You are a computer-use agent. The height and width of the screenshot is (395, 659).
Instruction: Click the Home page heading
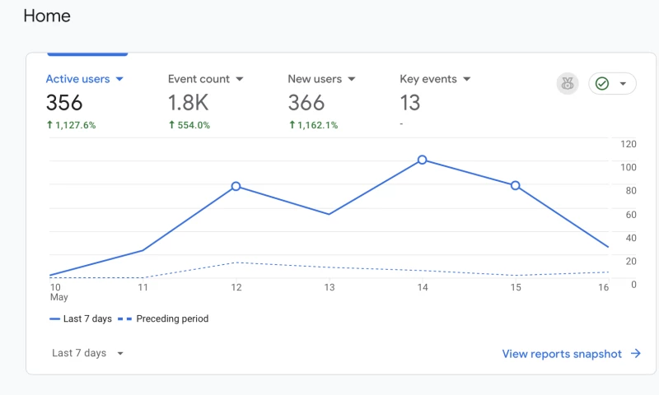point(47,16)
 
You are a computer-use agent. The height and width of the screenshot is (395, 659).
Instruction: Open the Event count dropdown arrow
point(240,79)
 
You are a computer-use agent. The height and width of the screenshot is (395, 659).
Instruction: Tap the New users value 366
point(306,103)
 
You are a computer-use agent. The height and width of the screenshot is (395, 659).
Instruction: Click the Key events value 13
point(409,103)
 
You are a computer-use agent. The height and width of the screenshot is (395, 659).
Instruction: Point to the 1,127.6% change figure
point(71,125)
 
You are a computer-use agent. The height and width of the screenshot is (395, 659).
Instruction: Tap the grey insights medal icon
point(568,83)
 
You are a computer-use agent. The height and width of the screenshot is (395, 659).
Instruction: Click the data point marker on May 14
point(422,160)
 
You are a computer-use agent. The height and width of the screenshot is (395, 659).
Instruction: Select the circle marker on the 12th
point(236,186)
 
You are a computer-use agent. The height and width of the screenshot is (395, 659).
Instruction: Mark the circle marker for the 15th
point(516,185)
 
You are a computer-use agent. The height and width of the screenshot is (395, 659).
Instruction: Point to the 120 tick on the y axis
point(629,144)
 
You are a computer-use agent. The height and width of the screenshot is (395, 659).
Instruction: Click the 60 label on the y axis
point(631,215)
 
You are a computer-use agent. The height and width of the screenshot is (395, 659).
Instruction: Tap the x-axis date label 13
point(329,287)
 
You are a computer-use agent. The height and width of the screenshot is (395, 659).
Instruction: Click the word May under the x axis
point(58,297)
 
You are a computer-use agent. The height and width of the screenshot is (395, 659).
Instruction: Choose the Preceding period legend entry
point(172,318)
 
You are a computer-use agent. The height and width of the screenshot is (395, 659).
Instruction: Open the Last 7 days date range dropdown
point(87,353)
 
